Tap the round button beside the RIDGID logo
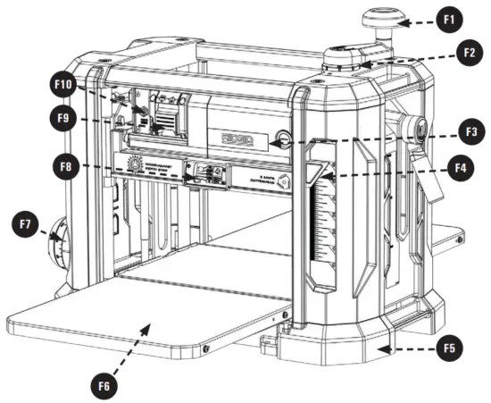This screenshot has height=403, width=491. coord(283,138)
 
